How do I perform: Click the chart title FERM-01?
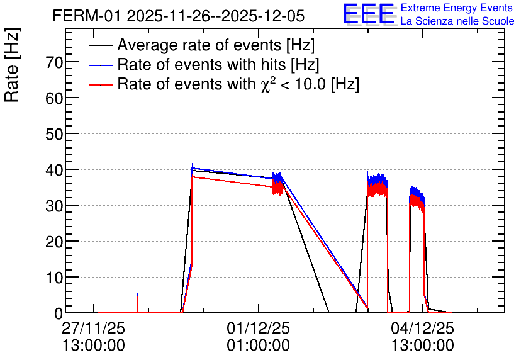[86, 16]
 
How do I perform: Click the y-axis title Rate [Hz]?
[12, 65]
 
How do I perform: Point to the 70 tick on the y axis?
[54, 62]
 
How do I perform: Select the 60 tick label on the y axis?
[54, 98]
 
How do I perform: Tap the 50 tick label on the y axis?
[54, 134]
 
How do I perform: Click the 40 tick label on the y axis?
[54, 170]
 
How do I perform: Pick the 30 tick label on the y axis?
[54, 206]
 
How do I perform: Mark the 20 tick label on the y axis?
[54, 242]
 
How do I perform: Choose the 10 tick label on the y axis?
[54, 278]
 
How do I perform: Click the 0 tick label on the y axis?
[59, 313]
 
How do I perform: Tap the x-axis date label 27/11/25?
[94, 328]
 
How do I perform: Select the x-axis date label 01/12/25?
[259, 328]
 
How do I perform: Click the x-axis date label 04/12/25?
[423, 328]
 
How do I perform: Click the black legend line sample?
[100, 45]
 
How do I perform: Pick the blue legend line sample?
[100, 65]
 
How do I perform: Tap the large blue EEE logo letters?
[368, 14]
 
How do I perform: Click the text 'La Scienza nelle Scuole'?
[457, 21]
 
